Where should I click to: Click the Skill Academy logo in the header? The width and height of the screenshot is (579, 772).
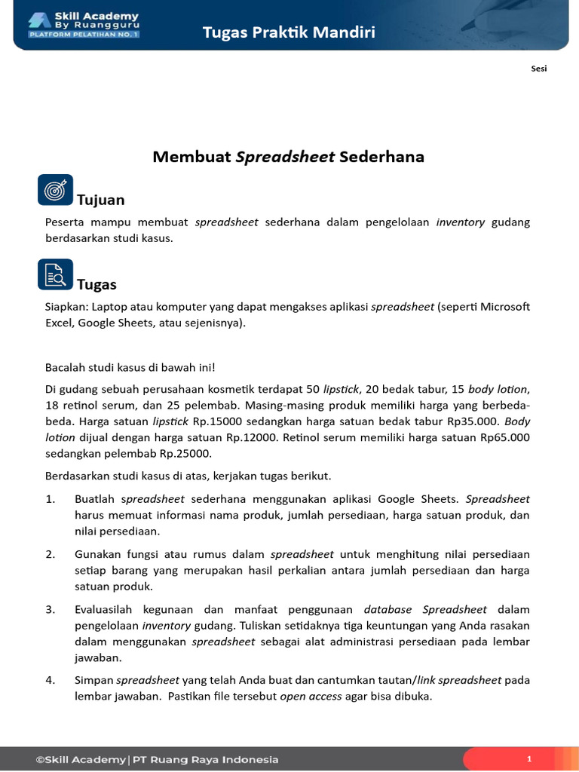point(84,25)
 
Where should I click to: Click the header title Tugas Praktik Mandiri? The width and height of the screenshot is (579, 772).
point(289,32)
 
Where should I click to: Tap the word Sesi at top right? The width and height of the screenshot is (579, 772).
point(538,69)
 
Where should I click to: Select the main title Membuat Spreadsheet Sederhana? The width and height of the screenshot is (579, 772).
point(289,157)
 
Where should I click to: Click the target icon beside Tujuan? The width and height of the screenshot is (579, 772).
point(55,190)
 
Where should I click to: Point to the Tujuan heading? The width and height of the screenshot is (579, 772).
point(101,200)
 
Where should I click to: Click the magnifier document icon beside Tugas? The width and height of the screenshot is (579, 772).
point(55,274)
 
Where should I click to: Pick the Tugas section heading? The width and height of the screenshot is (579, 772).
point(96,284)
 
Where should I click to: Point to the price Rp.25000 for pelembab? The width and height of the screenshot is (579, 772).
point(184,453)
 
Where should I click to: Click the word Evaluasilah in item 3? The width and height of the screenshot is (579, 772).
point(106,609)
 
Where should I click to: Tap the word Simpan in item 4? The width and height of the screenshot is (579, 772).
point(93,680)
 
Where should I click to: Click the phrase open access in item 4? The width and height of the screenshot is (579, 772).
point(311,697)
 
